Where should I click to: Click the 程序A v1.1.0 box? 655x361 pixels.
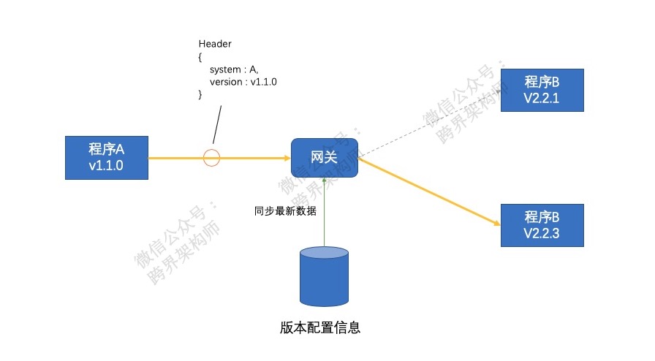pyautogui.click(x=107, y=157)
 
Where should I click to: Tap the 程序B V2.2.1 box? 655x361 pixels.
pyautogui.click(x=542, y=90)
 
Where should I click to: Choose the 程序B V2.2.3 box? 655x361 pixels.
pyautogui.click(x=542, y=225)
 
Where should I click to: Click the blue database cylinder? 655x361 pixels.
pyautogui.click(x=324, y=276)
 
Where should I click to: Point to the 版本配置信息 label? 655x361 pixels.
pyautogui.click(x=320, y=327)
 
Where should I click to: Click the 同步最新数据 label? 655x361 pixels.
pyautogui.click(x=285, y=211)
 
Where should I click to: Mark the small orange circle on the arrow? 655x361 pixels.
pyautogui.click(x=211, y=157)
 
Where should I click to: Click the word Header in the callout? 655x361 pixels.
pyautogui.click(x=215, y=45)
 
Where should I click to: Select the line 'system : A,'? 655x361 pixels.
pyautogui.click(x=234, y=69)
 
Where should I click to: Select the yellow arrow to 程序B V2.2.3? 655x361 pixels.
pyautogui.click(x=431, y=192)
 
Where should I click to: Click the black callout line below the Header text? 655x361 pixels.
pyautogui.click(x=217, y=124)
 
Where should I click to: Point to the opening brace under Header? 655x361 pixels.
pyautogui.click(x=201, y=57)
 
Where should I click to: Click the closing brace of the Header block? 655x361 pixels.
pyautogui.click(x=201, y=94)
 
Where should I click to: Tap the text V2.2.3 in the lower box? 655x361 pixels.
pyautogui.click(x=542, y=233)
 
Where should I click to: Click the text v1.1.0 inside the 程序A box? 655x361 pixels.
pyautogui.click(x=107, y=165)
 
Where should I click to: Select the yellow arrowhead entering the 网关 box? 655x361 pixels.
pyautogui.click(x=285, y=157)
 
